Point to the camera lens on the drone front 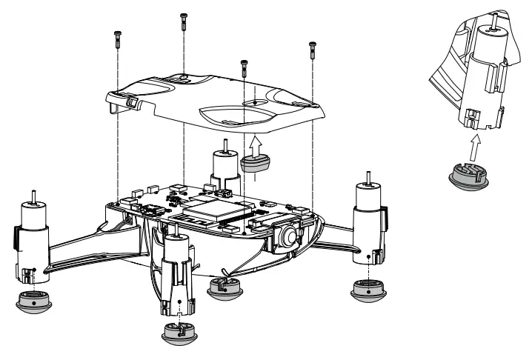288,236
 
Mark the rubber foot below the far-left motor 34,301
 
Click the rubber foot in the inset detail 468,178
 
